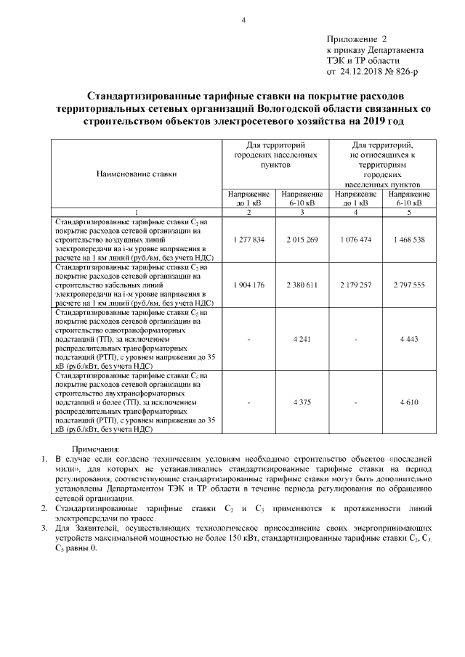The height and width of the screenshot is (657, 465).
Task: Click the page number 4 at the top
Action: (243, 20)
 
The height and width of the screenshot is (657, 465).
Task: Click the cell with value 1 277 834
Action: (249, 239)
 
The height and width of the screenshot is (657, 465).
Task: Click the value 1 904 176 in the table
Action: (249, 285)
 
